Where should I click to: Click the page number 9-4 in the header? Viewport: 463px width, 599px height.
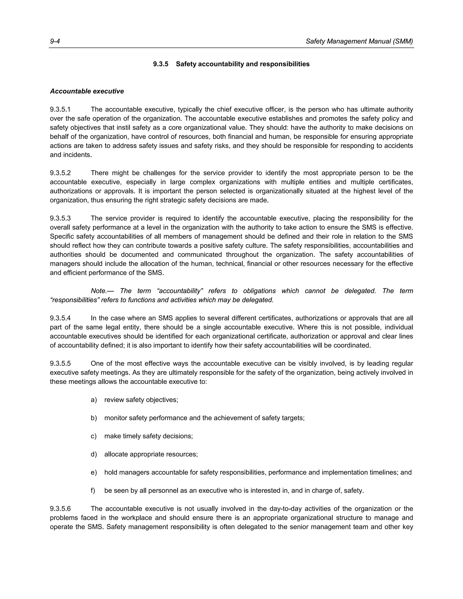pyautogui.click(x=55, y=41)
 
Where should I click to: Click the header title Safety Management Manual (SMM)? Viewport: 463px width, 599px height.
pyautogui.click(x=359, y=41)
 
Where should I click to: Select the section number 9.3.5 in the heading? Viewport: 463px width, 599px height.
pyautogui.click(x=161, y=64)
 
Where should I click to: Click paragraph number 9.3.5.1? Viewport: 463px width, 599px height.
pyautogui.click(x=60, y=109)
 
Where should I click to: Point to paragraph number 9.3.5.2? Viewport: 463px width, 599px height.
pyautogui.click(x=60, y=173)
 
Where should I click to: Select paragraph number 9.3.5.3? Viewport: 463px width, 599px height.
pyautogui.click(x=60, y=218)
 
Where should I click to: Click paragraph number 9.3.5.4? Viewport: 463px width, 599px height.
pyautogui.click(x=60, y=318)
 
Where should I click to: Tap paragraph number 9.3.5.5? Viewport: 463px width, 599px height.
pyautogui.click(x=60, y=363)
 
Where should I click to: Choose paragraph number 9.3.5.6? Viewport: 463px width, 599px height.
pyautogui.click(x=60, y=509)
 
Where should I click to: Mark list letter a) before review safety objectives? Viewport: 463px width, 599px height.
pyautogui.click(x=94, y=400)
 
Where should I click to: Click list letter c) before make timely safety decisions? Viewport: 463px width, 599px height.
pyautogui.click(x=94, y=436)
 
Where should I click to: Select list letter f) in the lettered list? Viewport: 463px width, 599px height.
pyautogui.click(x=93, y=491)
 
